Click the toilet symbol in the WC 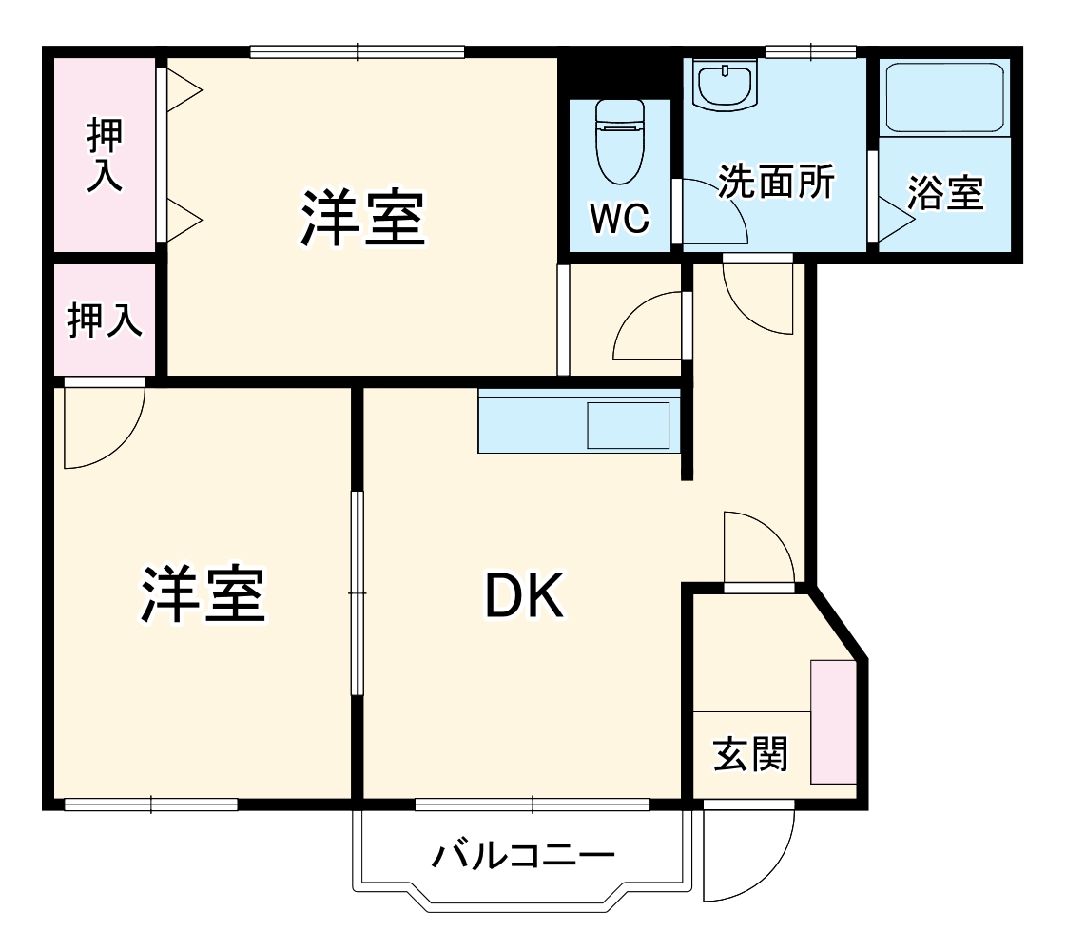(619, 143)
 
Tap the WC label (619, 220)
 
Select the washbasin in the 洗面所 (725, 85)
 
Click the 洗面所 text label (776, 182)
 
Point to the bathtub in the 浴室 (944, 98)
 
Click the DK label (525, 597)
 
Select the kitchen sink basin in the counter (628, 425)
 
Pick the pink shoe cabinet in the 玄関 (834, 722)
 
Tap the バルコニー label (523, 856)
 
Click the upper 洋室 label (362, 218)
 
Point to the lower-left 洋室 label (203, 593)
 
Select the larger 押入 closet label (105, 156)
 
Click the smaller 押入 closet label (105, 320)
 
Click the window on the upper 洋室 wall (357, 51)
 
